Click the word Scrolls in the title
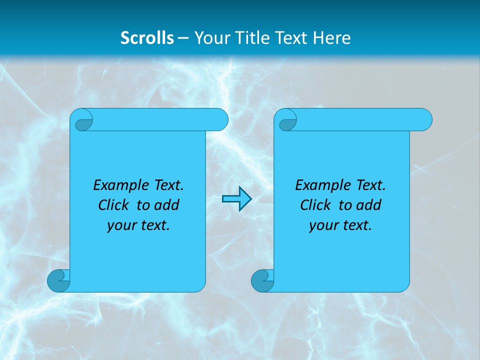[x=147, y=38]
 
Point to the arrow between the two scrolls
[x=236, y=199]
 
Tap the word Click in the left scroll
[x=114, y=205]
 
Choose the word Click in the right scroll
[x=315, y=205]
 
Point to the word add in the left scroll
[x=166, y=205]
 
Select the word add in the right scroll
[x=368, y=205]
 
